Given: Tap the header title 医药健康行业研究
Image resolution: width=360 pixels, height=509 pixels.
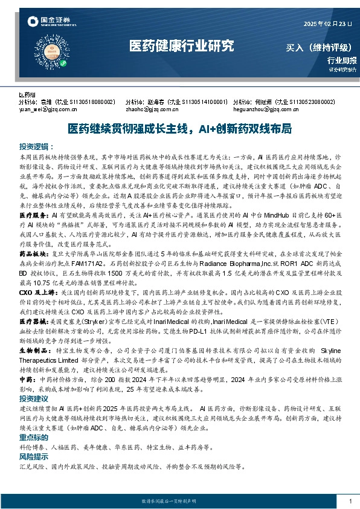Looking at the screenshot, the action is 181,46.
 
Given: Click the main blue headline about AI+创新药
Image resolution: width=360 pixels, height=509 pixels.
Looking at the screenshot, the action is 180,129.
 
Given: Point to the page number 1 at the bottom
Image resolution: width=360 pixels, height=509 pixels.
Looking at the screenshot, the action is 350,501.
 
